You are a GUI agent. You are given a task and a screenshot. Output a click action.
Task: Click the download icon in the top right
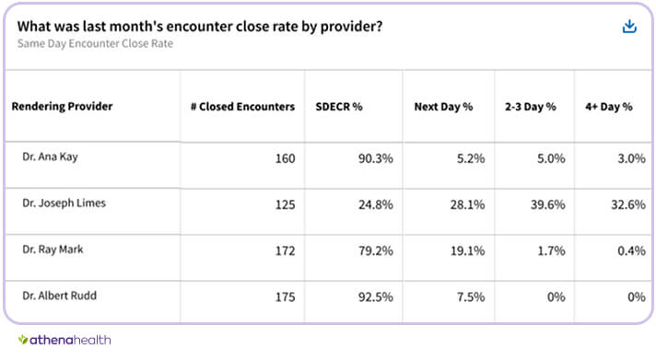[630, 27]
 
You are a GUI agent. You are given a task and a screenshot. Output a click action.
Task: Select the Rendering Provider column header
[62, 107]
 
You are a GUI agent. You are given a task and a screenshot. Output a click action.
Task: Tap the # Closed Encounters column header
[237, 107]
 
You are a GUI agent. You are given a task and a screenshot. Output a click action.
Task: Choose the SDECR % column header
[339, 107]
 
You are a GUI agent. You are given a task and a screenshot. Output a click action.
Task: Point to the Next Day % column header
[443, 107]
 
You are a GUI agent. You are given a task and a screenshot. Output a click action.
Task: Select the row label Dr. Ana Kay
[50, 157]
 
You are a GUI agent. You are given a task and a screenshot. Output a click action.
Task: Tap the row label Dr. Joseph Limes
[64, 203]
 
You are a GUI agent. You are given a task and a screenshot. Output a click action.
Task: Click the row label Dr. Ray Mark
[52, 249]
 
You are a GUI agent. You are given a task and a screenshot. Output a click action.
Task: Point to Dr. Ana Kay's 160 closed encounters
[285, 158]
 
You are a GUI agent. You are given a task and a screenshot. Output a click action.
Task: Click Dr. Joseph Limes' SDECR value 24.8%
[375, 204]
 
